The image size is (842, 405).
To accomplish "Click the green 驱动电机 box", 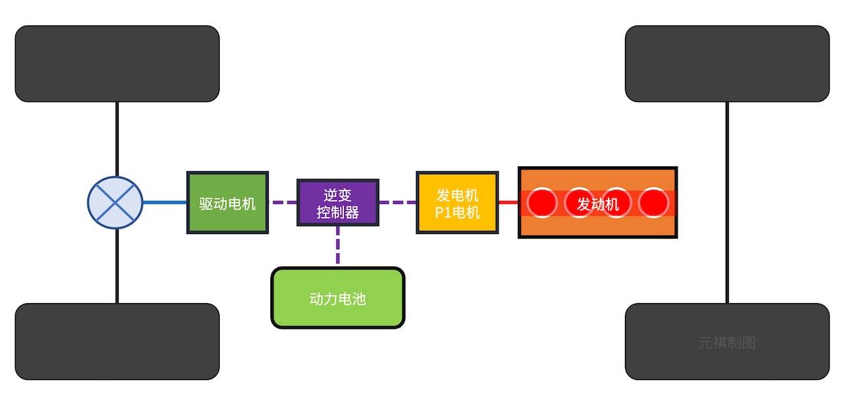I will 227,202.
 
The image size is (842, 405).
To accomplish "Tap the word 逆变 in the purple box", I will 337,195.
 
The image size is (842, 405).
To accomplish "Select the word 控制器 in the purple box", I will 337,212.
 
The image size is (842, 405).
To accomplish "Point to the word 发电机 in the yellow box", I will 457,195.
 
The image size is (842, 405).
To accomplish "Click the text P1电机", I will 457,212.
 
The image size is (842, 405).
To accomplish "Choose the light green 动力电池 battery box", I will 337,298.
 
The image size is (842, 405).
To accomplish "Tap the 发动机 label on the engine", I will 598,204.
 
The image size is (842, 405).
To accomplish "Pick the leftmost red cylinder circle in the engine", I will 543,202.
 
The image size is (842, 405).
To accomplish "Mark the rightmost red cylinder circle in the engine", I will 654,202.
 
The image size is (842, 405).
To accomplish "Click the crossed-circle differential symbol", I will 115,202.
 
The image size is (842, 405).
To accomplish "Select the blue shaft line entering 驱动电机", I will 164,202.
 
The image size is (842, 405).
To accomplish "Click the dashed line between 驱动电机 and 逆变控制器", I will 282,202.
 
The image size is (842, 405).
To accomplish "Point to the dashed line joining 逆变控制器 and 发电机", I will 397,202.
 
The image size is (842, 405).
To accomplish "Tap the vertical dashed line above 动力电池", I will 337,246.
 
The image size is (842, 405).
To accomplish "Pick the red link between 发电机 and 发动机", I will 508,202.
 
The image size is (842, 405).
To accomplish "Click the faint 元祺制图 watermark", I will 727,343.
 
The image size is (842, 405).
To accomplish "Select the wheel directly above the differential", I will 117,64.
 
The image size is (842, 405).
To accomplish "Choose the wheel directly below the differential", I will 117,341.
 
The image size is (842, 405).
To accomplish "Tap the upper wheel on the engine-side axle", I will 727,64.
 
